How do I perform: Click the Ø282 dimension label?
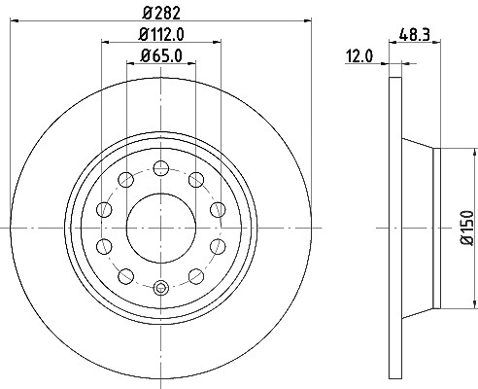(161, 13)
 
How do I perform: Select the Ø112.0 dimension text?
(161, 34)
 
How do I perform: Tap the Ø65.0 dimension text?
(161, 55)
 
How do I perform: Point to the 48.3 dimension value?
(414, 34)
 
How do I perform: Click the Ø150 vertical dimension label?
(467, 228)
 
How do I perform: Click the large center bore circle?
(161, 229)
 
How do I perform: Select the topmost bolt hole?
(161, 168)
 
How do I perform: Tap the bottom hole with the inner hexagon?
(161, 288)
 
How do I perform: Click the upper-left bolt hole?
(126, 180)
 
